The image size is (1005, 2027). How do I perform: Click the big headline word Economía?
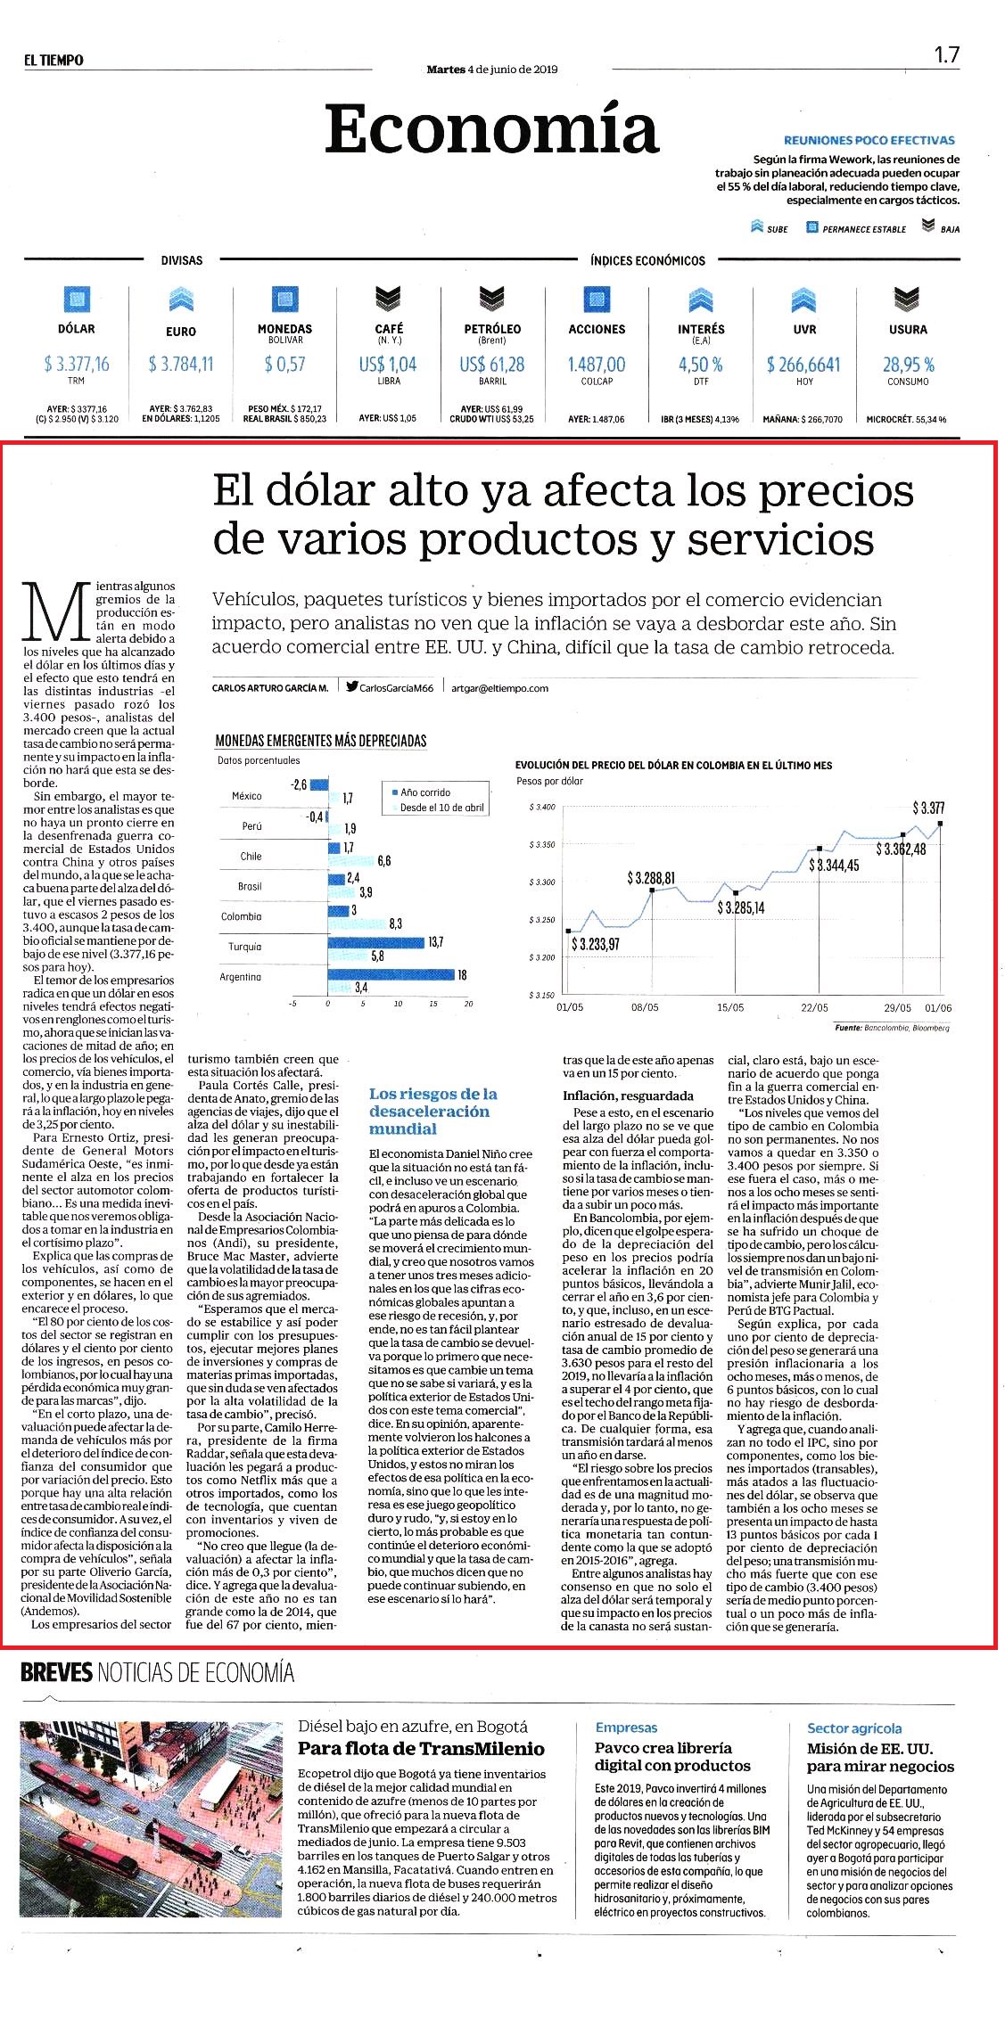point(491,129)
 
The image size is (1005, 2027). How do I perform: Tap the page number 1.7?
point(946,55)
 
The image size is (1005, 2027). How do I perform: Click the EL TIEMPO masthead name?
point(54,60)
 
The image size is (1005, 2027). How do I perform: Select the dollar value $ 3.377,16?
point(77,364)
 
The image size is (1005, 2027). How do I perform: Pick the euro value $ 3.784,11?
point(181,364)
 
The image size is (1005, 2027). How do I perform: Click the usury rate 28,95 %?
point(909,364)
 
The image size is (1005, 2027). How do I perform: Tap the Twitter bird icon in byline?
point(352,687)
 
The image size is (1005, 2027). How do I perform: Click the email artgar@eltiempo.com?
point(499,688)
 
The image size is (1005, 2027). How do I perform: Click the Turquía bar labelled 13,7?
point(375,942)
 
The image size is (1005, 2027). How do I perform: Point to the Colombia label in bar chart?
point(242,916)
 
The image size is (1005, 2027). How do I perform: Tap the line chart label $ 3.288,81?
point(651,878)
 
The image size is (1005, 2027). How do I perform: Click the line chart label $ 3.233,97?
point(595,944)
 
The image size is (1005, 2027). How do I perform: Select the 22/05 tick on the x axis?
point(814,1007)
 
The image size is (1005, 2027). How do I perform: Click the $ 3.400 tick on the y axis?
point(542,807)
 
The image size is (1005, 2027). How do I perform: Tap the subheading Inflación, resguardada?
point(628,1096)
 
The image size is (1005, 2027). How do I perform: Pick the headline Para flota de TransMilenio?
point(421,1748)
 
